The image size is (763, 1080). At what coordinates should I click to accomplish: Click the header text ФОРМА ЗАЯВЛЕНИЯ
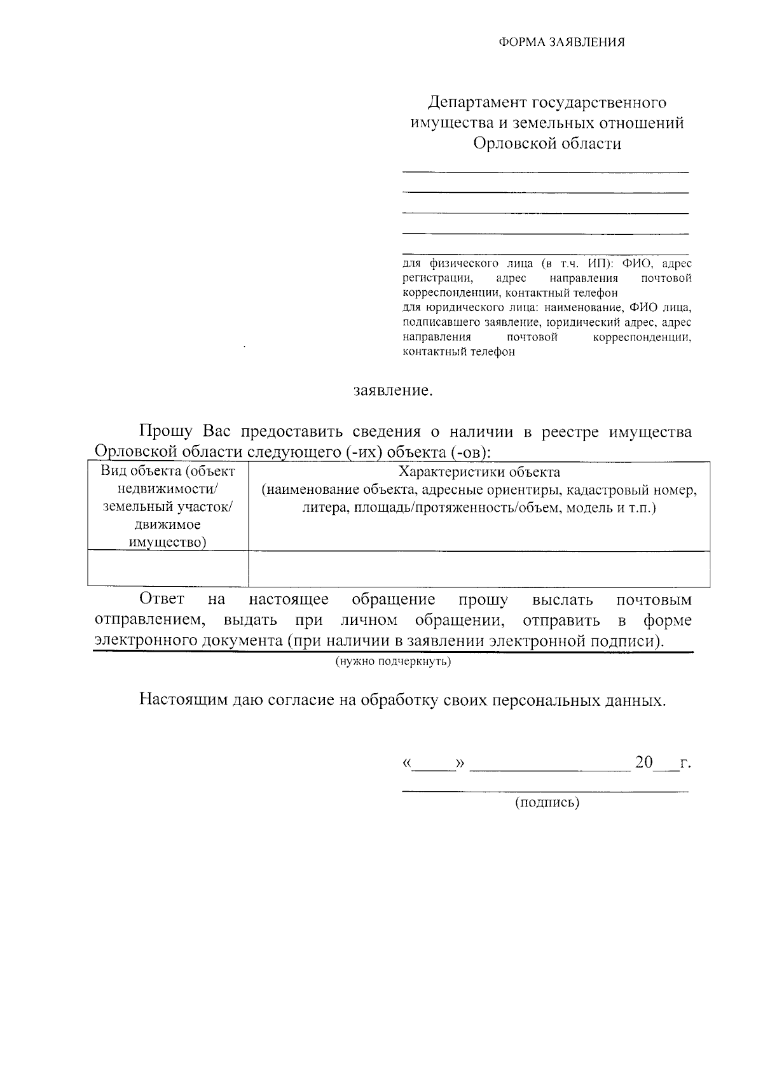[x=561, y=43]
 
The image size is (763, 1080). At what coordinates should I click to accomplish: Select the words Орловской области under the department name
[x=546, y=144]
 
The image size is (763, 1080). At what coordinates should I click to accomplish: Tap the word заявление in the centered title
[x=392, y=390]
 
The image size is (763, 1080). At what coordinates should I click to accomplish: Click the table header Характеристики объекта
[x=479, y=472]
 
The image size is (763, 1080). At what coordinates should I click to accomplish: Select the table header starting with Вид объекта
[x=168, y=472]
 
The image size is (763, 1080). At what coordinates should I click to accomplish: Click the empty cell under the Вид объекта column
[x=168, y=568]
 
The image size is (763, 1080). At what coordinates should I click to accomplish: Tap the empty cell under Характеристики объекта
[x=479, y=568]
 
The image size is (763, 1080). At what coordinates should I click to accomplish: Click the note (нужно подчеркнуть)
[x=393, y=662]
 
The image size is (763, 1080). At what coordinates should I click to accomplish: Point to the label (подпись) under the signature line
[x=547, y=803]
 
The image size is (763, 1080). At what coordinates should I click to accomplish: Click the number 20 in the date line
[x=643, y=762]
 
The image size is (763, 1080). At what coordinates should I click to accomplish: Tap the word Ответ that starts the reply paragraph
[x=162, y=600]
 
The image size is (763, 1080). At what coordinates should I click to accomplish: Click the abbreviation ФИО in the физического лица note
[x=638, y=263]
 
